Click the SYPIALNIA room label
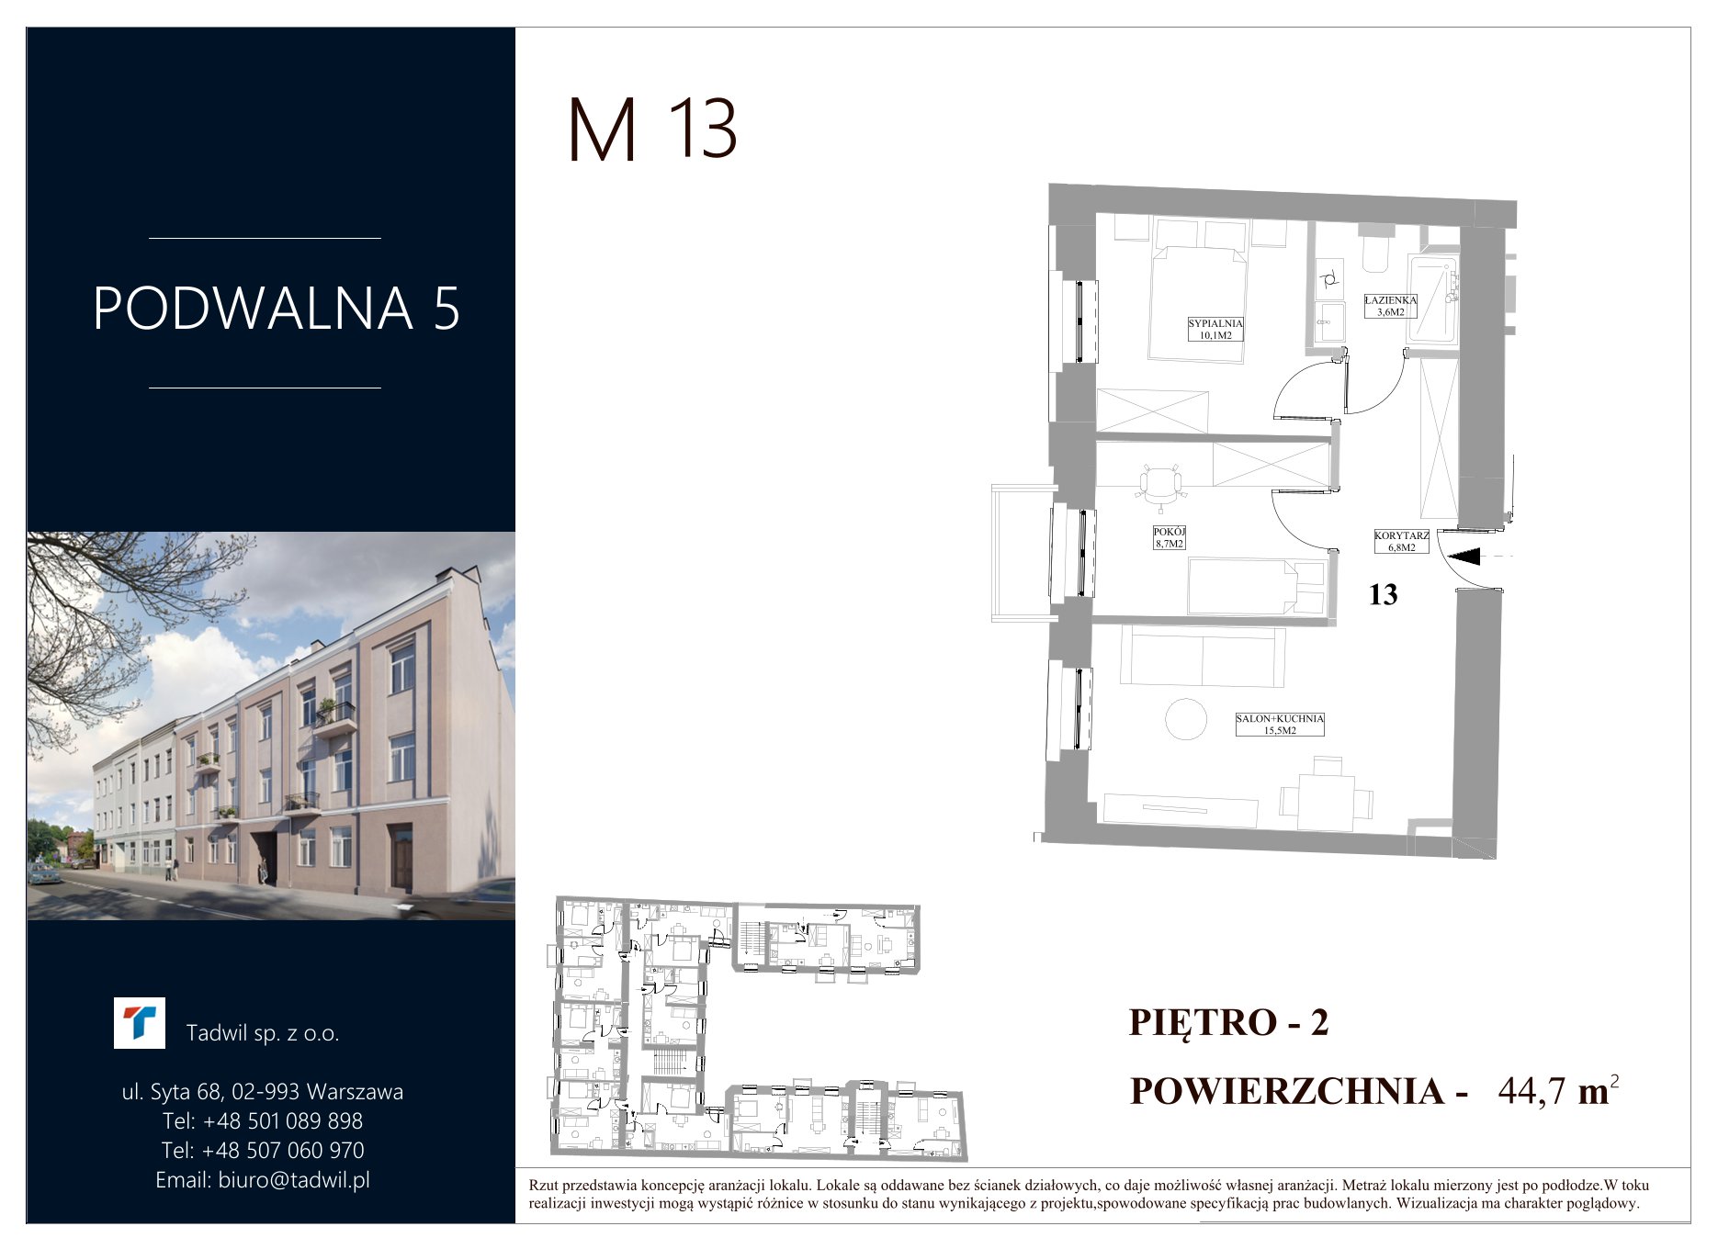click(1215, 329)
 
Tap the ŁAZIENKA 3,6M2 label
click(1390, 306)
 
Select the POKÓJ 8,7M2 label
click(1170, 537)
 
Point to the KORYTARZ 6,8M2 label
click(1401, 541)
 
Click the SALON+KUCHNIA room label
click(1280, 725)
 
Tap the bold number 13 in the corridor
click(1383, 595)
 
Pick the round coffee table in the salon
click(1186, 719)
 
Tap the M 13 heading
click(653, 129)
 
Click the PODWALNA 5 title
click(277, 309)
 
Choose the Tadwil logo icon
click(140, 1023)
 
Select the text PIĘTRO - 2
click(1229, 1022)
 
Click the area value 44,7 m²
click(1558, 1090)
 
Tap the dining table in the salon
click(1327, 796)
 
